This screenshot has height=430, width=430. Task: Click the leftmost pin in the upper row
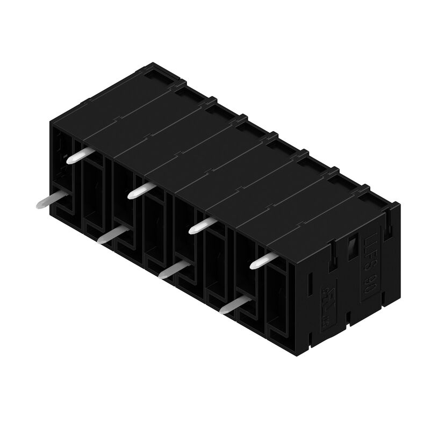(x=79, y=155)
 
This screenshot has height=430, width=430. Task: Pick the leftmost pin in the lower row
(x=51, y=200)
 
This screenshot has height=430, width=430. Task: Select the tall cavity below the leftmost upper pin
(x=95, y=193)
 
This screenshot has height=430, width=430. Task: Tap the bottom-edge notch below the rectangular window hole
(x=348, y=317)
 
